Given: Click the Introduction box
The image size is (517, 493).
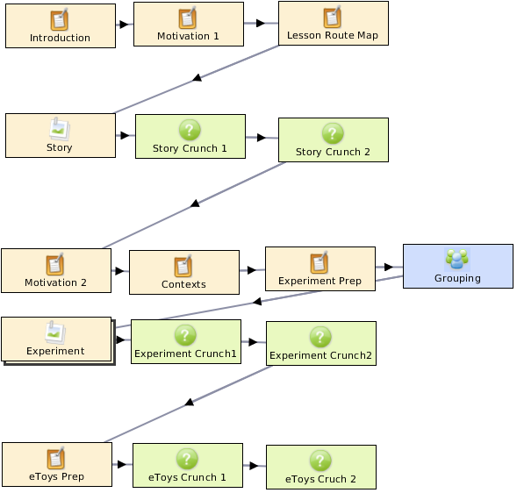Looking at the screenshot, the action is coord(61,25).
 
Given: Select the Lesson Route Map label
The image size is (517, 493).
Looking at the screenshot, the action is coord(333,35).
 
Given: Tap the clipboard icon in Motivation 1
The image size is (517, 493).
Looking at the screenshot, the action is coord(188,18).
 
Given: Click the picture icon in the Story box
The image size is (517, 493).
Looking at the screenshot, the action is coord(60,129).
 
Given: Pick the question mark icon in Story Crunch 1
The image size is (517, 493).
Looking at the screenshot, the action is coord(190,130).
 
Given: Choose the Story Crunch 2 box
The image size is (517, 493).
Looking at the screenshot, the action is coord(334,139).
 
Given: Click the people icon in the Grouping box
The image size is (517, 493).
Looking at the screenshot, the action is coord(457,259).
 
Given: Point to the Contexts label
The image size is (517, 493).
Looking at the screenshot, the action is coord(183,284).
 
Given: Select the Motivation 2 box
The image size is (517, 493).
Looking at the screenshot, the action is coord(56,270).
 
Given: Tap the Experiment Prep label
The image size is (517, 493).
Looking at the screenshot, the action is coord(320,281).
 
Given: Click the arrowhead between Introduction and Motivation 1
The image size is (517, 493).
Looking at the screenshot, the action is coord(124,24).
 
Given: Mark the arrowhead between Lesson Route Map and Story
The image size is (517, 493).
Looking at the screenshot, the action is coord(197,78).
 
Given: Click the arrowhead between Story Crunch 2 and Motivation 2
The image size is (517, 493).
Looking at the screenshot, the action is coord(195,204).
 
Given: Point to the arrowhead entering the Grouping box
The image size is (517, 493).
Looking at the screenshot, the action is coord(389,267).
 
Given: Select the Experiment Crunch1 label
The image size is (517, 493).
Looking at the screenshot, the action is coord(185,354).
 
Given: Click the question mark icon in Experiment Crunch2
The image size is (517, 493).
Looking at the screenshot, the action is coord(320,337).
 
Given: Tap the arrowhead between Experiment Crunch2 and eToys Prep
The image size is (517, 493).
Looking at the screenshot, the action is coord(190,402).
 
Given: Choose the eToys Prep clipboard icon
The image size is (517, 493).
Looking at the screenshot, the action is coord(55,458).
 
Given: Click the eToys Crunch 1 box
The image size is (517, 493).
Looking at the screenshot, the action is coord(188,465).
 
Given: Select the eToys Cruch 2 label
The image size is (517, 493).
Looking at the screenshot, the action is coord(320,479).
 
